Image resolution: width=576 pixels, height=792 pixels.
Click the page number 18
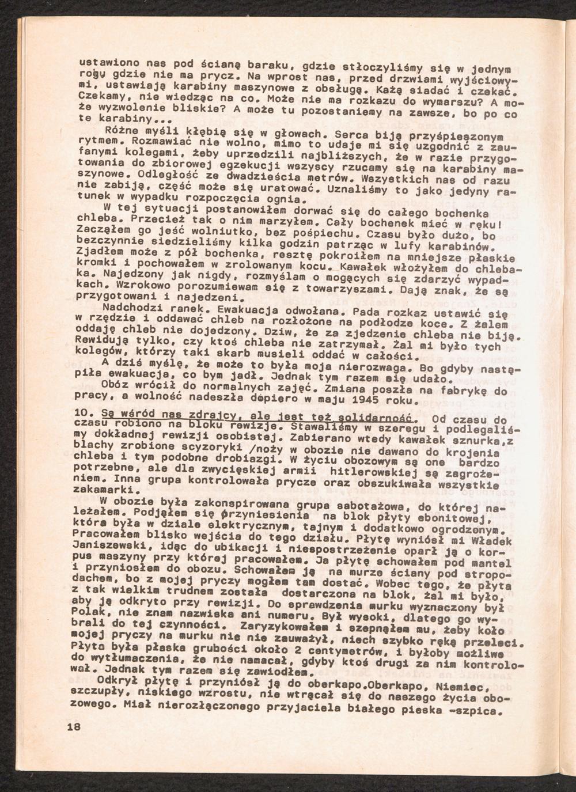tap(73, 726)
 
